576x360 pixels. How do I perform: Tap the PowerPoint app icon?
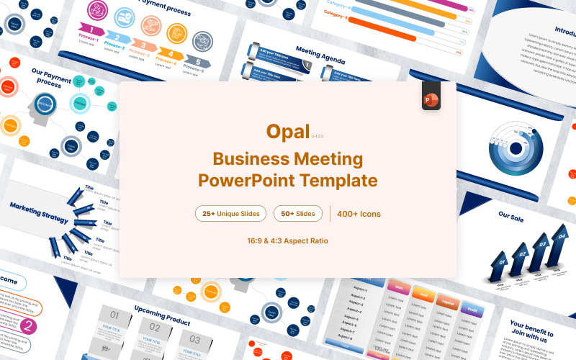coord(431,98)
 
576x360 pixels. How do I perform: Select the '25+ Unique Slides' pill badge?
coord(230,213)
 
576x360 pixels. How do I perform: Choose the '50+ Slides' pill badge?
coord(297,213)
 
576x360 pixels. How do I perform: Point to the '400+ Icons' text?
coord(359,214)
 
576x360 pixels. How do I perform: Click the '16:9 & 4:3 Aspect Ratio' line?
coord(287,240)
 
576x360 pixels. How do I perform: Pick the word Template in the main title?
coord(335,179)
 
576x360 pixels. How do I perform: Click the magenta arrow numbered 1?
coord(91,29)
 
